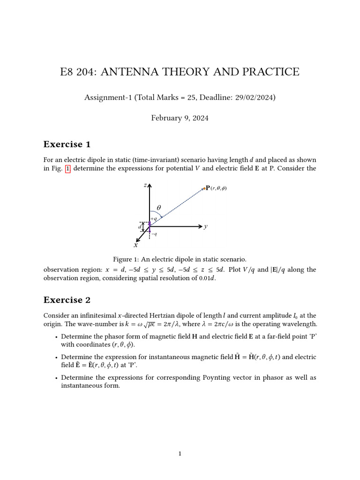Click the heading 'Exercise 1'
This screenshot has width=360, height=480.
[x=67, y=144]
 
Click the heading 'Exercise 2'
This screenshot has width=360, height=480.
[x=67, y=300]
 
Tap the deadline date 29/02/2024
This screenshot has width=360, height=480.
[x=256, y=97]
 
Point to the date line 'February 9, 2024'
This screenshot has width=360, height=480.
[x=180, y=118]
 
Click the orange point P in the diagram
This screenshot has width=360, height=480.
[x=204, y=188]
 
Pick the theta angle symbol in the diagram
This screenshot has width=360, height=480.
[x=158, y=207]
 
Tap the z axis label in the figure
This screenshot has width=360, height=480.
[x=145, y=186]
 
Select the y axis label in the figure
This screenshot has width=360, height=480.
[x=206, y=226]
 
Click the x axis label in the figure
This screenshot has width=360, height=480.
[x=136, y=245]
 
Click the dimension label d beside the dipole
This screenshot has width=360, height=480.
[x=140, y=227]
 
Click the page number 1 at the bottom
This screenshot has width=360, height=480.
[x=180, y=453]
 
